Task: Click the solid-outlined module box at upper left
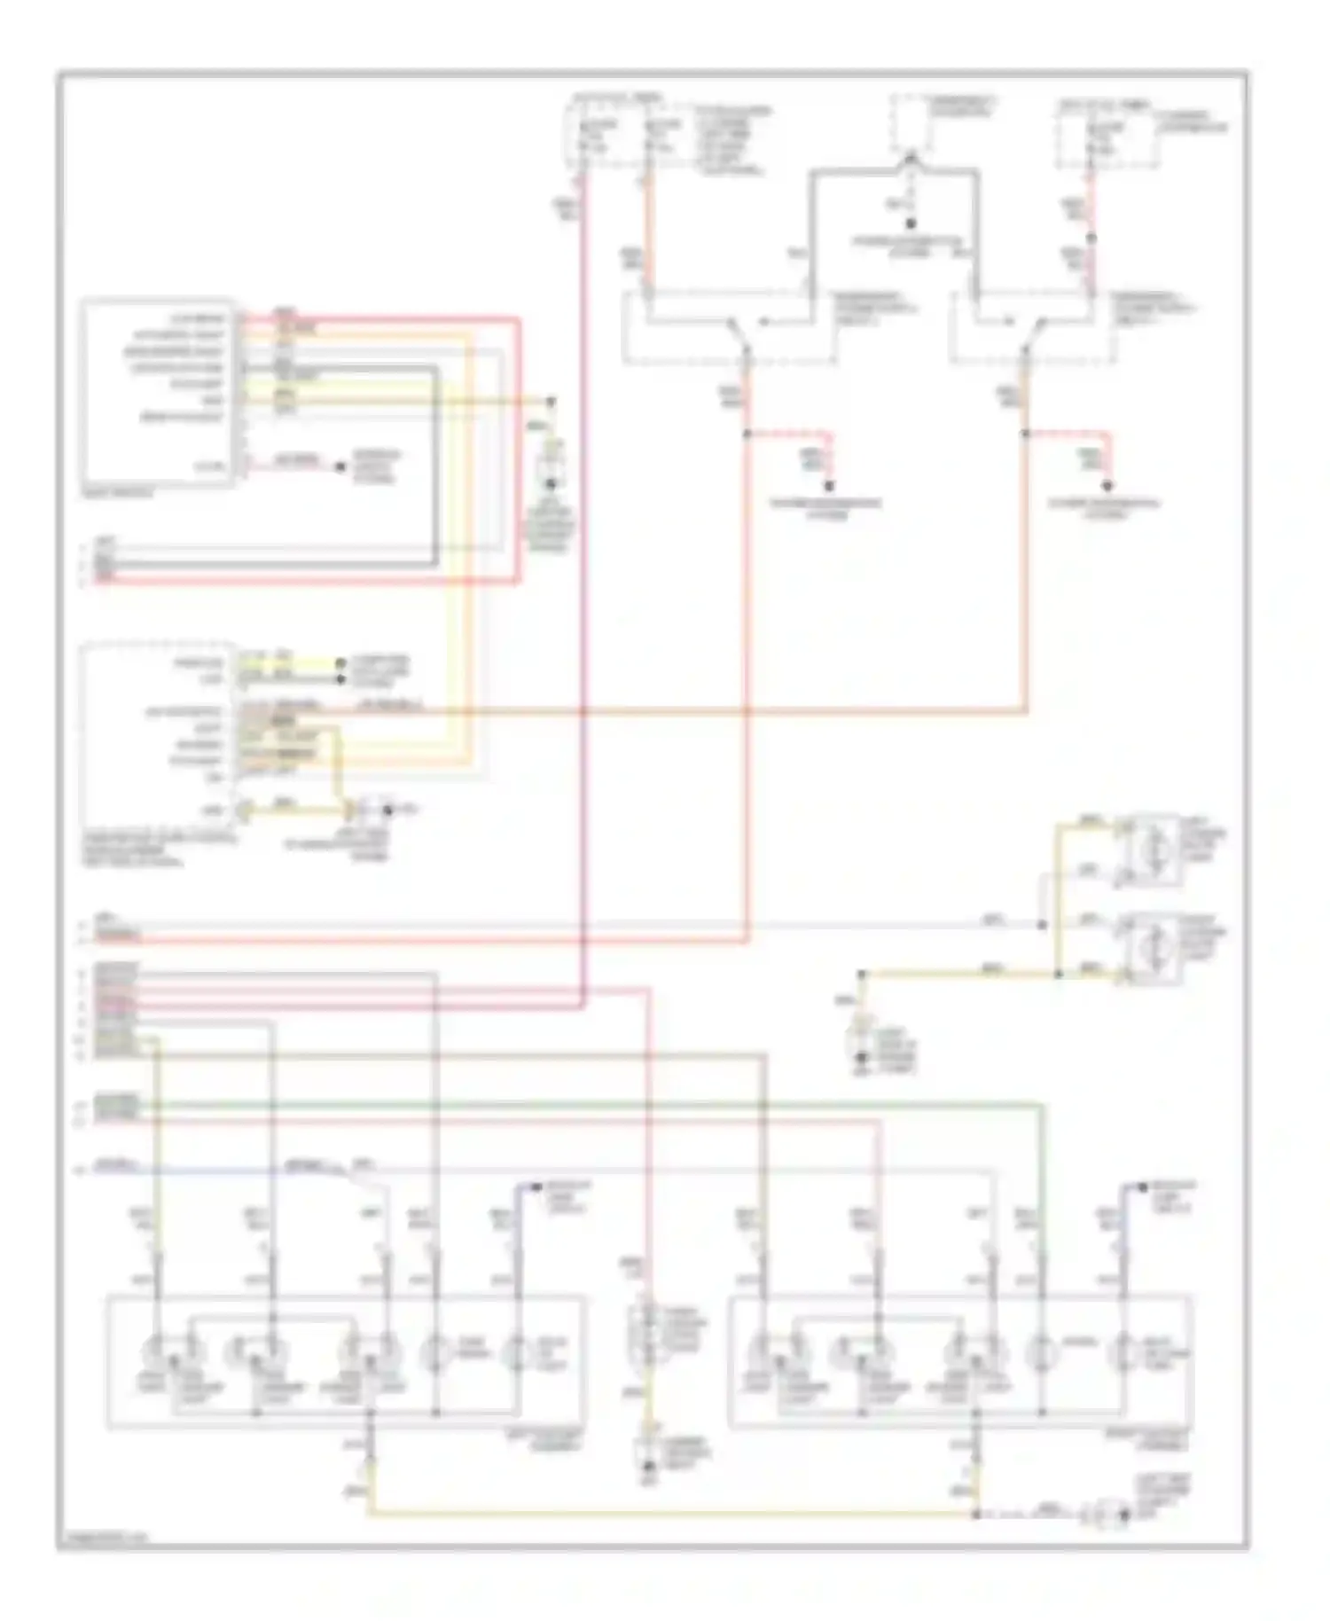(x=158, y=391)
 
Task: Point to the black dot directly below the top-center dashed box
(x=910, y=223)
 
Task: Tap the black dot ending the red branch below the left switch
(x=830, y=486)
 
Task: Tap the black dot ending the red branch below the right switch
(x=1107, y=486)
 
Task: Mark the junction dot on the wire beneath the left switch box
(x=747, y=434)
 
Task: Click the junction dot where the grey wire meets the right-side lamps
(x=1043, y=925)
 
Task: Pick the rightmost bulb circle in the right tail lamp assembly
(x=1124, y=1356)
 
